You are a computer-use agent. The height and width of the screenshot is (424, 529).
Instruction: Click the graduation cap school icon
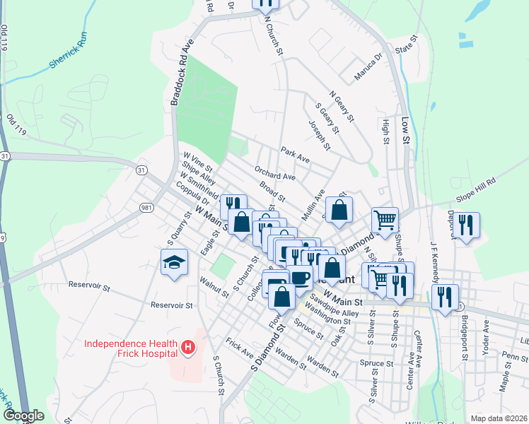coord(174,263)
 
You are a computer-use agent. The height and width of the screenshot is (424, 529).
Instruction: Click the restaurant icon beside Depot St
coord(465,225)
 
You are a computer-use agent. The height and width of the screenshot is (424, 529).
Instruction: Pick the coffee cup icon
coord(300,277)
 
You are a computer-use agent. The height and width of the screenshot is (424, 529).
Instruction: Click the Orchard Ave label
coord(275,175)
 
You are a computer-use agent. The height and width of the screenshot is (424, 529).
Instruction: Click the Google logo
coord(23,416)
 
